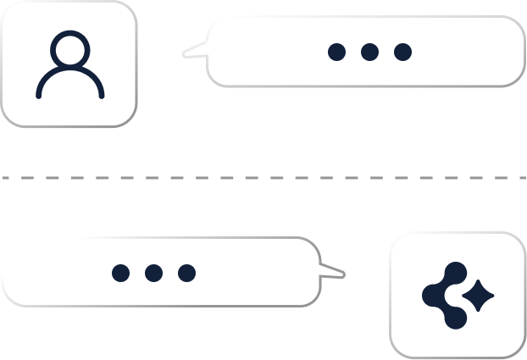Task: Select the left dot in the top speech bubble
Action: click(336, 52)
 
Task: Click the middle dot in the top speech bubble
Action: click(369, 52)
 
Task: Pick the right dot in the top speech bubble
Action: click(402, 52)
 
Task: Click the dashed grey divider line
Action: click(263, 178)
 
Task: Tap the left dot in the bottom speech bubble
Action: click(121, 273)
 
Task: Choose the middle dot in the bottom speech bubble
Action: click(153, 273)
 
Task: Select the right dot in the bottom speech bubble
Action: click(186, 273)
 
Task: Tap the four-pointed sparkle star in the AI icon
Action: click(479, 295)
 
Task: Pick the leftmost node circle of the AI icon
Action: click(432, 295)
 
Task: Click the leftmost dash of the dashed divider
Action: click(7, 178)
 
